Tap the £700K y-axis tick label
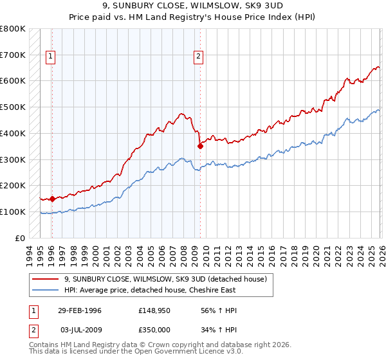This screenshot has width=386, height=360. click(x=13, y=55)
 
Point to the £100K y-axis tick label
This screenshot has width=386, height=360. click(x=13, y=212)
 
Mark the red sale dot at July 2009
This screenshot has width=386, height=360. click(x=200, y=146)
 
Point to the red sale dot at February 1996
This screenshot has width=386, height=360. click(x=51, y=199)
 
